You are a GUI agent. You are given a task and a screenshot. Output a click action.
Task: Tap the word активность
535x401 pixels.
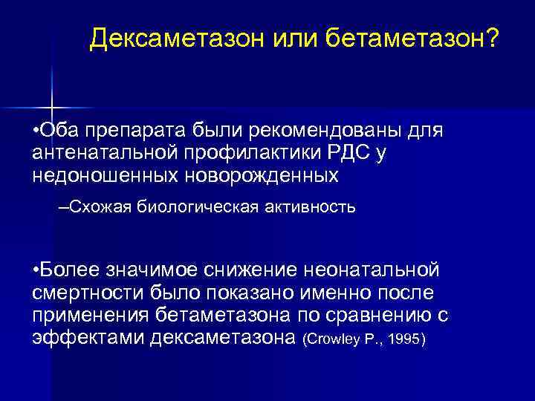click(x=310, y=207)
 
